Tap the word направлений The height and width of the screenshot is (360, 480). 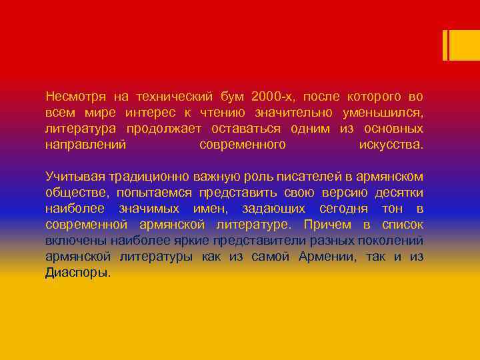click(x=85, y=145)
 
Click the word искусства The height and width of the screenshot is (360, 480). click(x=391, y=145)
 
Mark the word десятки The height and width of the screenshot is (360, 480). click(x=399, y=193)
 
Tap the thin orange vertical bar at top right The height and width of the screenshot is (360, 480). click(x=445, y=45)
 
